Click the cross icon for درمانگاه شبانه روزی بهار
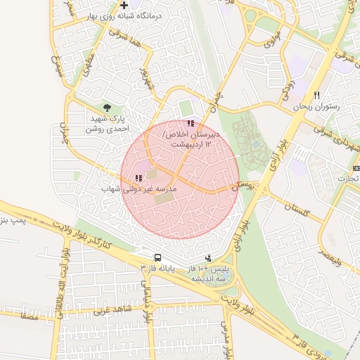point(124,6)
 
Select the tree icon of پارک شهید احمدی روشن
point(107,108)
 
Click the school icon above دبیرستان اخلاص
point(191,123)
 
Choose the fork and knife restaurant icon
point(317,95)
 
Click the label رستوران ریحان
point(317,106)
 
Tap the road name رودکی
point(288,88)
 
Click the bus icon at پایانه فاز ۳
point(157,258)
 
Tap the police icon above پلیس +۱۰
point(207,258)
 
